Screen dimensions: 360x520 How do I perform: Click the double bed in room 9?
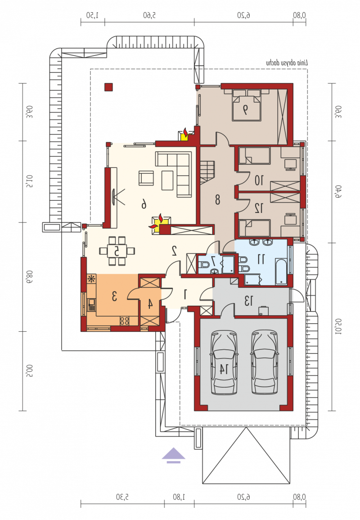[x=247, y=105]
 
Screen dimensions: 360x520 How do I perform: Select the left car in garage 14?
[x=224, y=362]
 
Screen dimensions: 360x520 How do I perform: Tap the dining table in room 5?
[x=117, y=251]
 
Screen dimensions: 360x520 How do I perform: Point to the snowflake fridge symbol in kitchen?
[x=91, y=279]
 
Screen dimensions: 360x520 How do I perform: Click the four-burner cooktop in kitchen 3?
[x=125, y=321]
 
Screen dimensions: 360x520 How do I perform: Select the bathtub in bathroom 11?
[x=281, y=272]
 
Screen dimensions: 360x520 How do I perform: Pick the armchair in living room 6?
[x=146, y=178]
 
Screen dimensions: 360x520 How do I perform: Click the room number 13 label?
[x=248, y=301]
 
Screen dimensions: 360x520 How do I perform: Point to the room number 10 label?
[x=259, y=181]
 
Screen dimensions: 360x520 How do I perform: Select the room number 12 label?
[x=259, y=208]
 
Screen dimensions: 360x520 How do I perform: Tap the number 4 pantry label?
[x=150, y=303]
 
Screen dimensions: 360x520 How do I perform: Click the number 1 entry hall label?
[x=186, y=294]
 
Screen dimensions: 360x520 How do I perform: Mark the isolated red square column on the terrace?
[x=108, y=87]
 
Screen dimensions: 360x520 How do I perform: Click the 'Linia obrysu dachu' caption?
[x=287, y=63]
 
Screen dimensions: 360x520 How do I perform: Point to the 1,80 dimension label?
[x=179, y=497]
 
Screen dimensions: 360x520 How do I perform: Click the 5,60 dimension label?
[x=149, y=15]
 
